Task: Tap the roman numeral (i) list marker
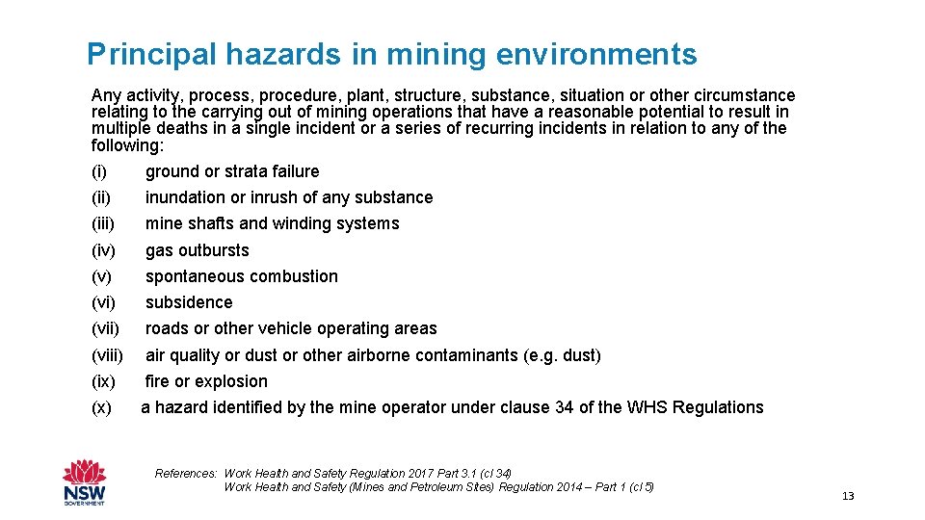[x=98, y=171]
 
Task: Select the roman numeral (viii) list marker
[x=107, y=355]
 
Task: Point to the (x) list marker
[x=100, y=407]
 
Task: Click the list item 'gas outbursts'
[x=197, y=250]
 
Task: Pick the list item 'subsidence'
[x=189, y=302]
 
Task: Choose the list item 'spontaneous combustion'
[x=241, y=276]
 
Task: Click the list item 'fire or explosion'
[x=206, y=381]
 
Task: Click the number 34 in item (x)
[x=565, y=407]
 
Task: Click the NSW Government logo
[x=84, y=481]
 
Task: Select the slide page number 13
[x=848, y=496]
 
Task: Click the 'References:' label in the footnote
[x=186, y=474]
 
